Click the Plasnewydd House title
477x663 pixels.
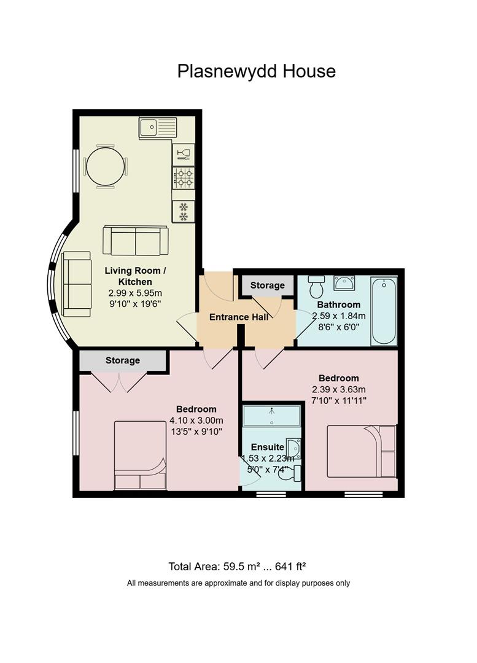256,71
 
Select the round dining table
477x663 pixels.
106,166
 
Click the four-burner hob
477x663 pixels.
184,177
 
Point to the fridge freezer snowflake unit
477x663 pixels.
184,211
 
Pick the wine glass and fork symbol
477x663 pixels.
184,155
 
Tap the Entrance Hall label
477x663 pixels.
239,317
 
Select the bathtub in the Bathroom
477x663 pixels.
384,311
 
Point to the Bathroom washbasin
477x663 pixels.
344,283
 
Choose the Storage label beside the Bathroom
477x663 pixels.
267,285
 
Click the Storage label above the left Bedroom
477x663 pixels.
123,361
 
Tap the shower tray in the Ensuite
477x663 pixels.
271,416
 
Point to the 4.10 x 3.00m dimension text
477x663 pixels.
196,421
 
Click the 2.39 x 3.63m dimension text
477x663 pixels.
339,389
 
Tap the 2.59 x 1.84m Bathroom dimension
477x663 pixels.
339,316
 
